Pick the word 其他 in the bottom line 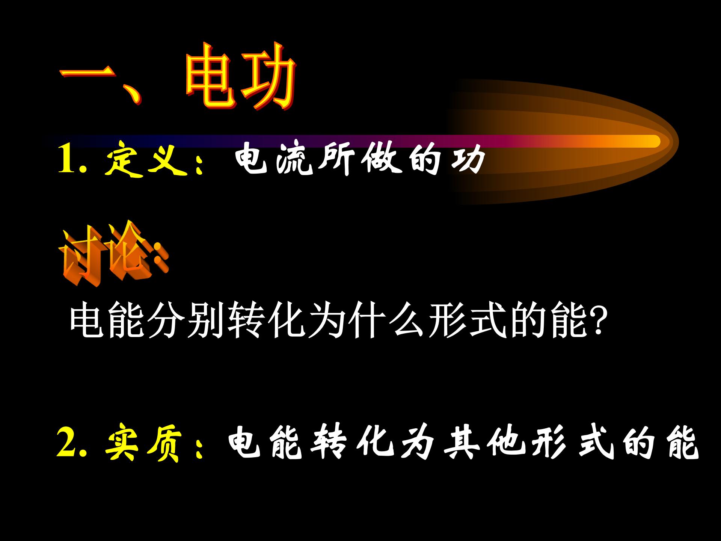[484, 445]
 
